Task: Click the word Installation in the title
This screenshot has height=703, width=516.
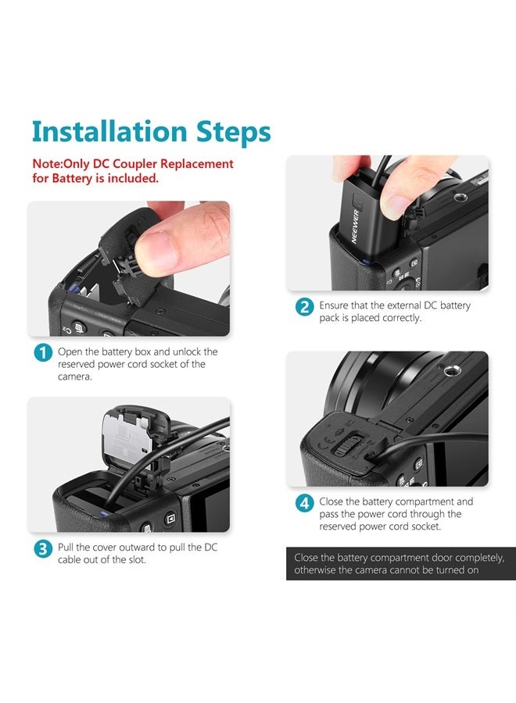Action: tap(109, 131)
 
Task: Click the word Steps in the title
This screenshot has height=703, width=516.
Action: tap(233, 133)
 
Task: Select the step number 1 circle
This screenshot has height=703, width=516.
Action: tap(43, 352)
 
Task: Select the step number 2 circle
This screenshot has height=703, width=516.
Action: tap(304, 307)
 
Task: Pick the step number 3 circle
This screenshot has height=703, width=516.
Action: tap(43, 549)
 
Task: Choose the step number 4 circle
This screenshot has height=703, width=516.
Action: tap(304, 503)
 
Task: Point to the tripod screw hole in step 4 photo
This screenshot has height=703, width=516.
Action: tap(451, 370)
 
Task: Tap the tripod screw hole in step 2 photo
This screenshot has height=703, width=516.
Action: tap(460, 197)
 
